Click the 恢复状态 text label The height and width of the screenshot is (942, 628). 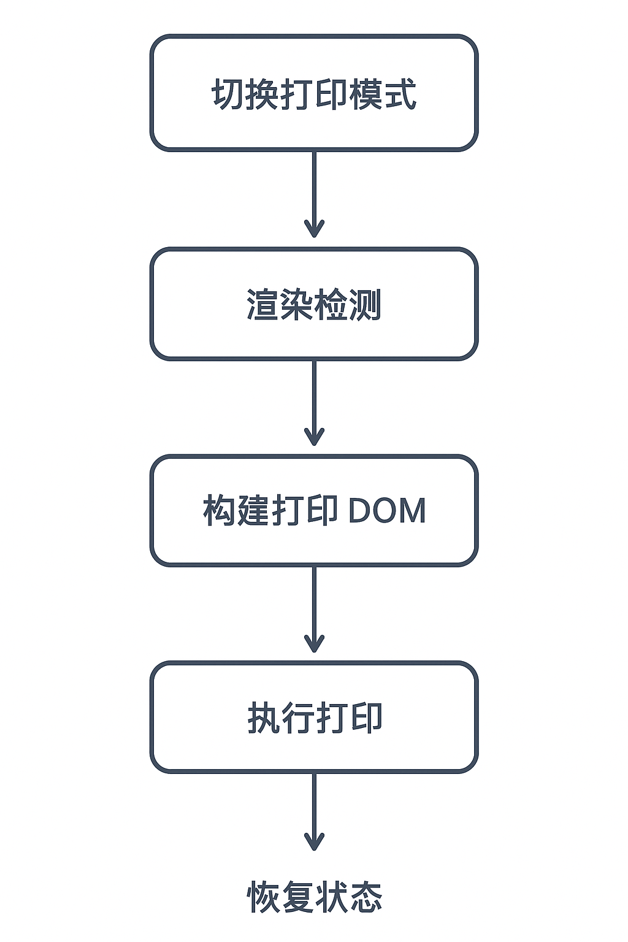[x=315, y=897]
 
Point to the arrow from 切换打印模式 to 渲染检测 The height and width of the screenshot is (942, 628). [x=314, y=193]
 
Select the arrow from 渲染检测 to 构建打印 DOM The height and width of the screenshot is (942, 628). [x=314, y=402]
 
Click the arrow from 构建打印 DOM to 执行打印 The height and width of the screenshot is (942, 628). [x=314, y=608]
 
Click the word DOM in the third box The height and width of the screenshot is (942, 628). [x=387, y=511]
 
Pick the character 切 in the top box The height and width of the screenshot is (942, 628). [x=228, y=94]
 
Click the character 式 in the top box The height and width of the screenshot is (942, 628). [x=400, y=94]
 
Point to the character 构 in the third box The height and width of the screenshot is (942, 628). [x=220, y=510]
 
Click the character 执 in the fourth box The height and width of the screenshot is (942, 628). [x=264, y=718]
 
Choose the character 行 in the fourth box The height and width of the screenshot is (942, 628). [x=297, y=718]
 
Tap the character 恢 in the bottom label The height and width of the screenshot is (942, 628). [x=264, y=897]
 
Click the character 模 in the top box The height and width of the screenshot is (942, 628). [x=366, y=94]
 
